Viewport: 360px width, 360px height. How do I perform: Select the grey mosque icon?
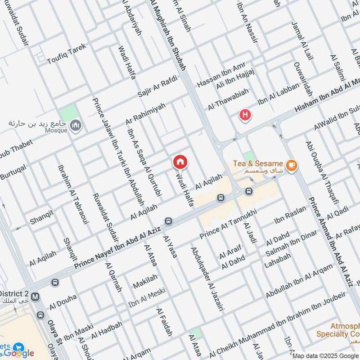pyautogui.click(x=76, y=125)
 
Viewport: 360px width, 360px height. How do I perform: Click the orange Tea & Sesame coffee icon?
pyautogui.click(x=292, y=166)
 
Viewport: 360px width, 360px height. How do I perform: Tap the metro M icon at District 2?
pyautogui.click(x=35, y=297)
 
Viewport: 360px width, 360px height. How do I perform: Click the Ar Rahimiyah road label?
pyautogui.click(x=145, y=114)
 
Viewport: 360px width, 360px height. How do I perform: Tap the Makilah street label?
pyautogui.click(x=145, y=281)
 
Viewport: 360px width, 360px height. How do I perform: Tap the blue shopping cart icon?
pyautogui.click(x=18, y=347)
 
